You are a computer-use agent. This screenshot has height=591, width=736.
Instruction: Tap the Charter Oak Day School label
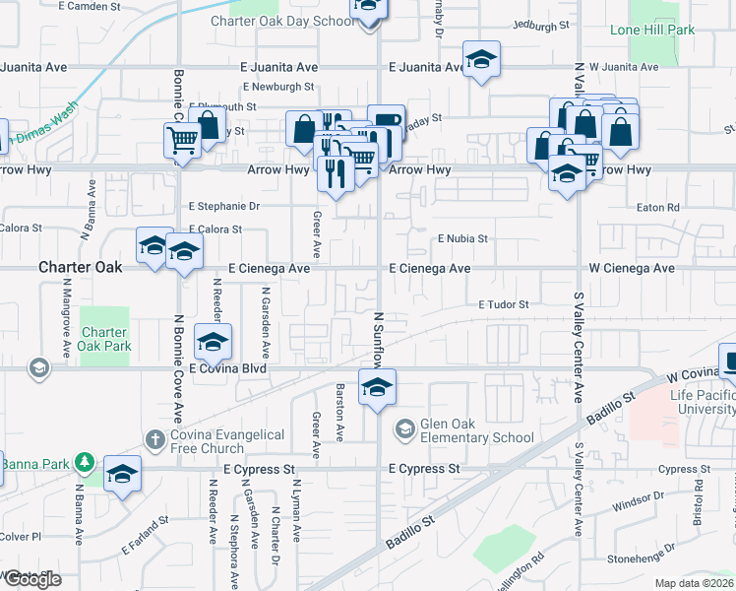tap(282, 21)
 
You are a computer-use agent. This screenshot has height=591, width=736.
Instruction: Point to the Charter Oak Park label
tap(105, 339)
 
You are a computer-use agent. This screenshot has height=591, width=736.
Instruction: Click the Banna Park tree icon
tap(86, 462)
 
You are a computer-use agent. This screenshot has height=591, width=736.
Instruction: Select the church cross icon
tap(155, 438)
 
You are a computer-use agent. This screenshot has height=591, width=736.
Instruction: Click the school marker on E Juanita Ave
tap(482, 59)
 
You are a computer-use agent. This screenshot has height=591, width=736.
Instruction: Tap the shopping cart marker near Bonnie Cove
tap(182, 142)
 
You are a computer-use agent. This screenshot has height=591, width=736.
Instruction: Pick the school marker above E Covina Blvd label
tap(213, 342)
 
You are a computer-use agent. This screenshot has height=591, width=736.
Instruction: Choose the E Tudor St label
tap(504, 305)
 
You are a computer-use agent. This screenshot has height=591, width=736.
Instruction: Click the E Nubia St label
tap(462, 239)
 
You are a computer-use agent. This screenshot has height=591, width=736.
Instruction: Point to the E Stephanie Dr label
tap(223, 207)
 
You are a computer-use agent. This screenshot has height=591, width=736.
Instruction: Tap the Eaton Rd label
tap(658, 208)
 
